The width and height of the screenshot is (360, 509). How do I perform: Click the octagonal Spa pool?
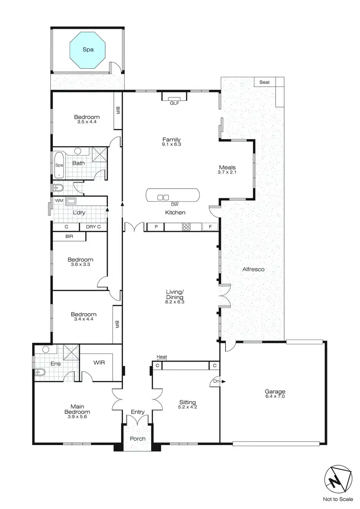coord(87,49)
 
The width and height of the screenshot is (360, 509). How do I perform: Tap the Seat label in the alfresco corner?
coord(264,82)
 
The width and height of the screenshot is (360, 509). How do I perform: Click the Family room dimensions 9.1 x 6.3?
coord(171,144)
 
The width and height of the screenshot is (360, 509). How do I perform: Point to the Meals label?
coord(227,168)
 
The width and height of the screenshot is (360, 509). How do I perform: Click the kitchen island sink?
coord(163,197)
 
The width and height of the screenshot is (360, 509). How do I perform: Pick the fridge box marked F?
coord(210,227)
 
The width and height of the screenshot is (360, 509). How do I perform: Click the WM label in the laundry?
coord(59,200)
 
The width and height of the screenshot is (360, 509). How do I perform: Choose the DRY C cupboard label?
coord(93,227)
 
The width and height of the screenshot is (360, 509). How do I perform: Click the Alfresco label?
coord(253,269)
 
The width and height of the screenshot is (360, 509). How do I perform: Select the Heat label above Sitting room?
coord(161,357)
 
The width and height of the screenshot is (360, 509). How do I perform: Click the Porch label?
coord(137,439)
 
